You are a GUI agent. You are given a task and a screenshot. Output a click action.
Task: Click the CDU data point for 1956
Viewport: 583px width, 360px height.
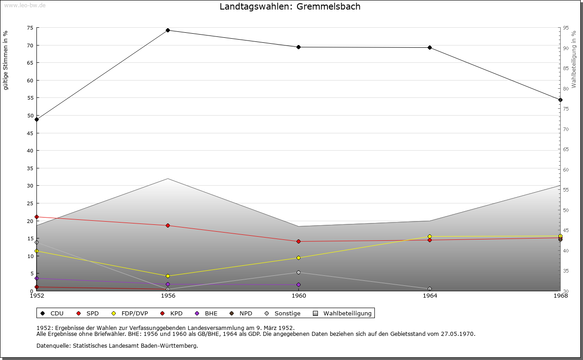168,30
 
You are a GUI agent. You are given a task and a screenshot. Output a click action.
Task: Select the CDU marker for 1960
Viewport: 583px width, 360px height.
299,47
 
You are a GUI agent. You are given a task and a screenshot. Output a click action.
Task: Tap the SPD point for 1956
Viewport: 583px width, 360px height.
168,225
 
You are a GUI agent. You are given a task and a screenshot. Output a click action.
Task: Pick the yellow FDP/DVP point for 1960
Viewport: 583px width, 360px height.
299,258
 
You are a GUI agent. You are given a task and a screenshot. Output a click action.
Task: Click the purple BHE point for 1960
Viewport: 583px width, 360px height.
299,284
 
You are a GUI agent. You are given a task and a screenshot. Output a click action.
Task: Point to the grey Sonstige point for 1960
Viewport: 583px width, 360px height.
299,272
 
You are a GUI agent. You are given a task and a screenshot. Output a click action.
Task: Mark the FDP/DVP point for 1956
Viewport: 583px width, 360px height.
168,276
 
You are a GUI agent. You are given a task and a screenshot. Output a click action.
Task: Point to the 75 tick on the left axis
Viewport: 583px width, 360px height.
30,28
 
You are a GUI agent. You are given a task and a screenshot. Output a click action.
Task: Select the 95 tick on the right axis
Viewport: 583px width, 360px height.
566,28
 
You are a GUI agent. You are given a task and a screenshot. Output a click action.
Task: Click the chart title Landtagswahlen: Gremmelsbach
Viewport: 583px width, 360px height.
290,6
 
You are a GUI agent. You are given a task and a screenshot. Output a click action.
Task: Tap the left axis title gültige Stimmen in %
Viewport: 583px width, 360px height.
5,60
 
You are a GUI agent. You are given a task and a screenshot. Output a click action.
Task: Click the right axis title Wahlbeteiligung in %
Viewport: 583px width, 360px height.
574,59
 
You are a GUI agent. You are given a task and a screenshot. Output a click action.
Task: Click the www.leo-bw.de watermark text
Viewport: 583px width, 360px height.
24,5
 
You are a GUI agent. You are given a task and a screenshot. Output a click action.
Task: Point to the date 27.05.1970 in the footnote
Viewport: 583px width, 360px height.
458,334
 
